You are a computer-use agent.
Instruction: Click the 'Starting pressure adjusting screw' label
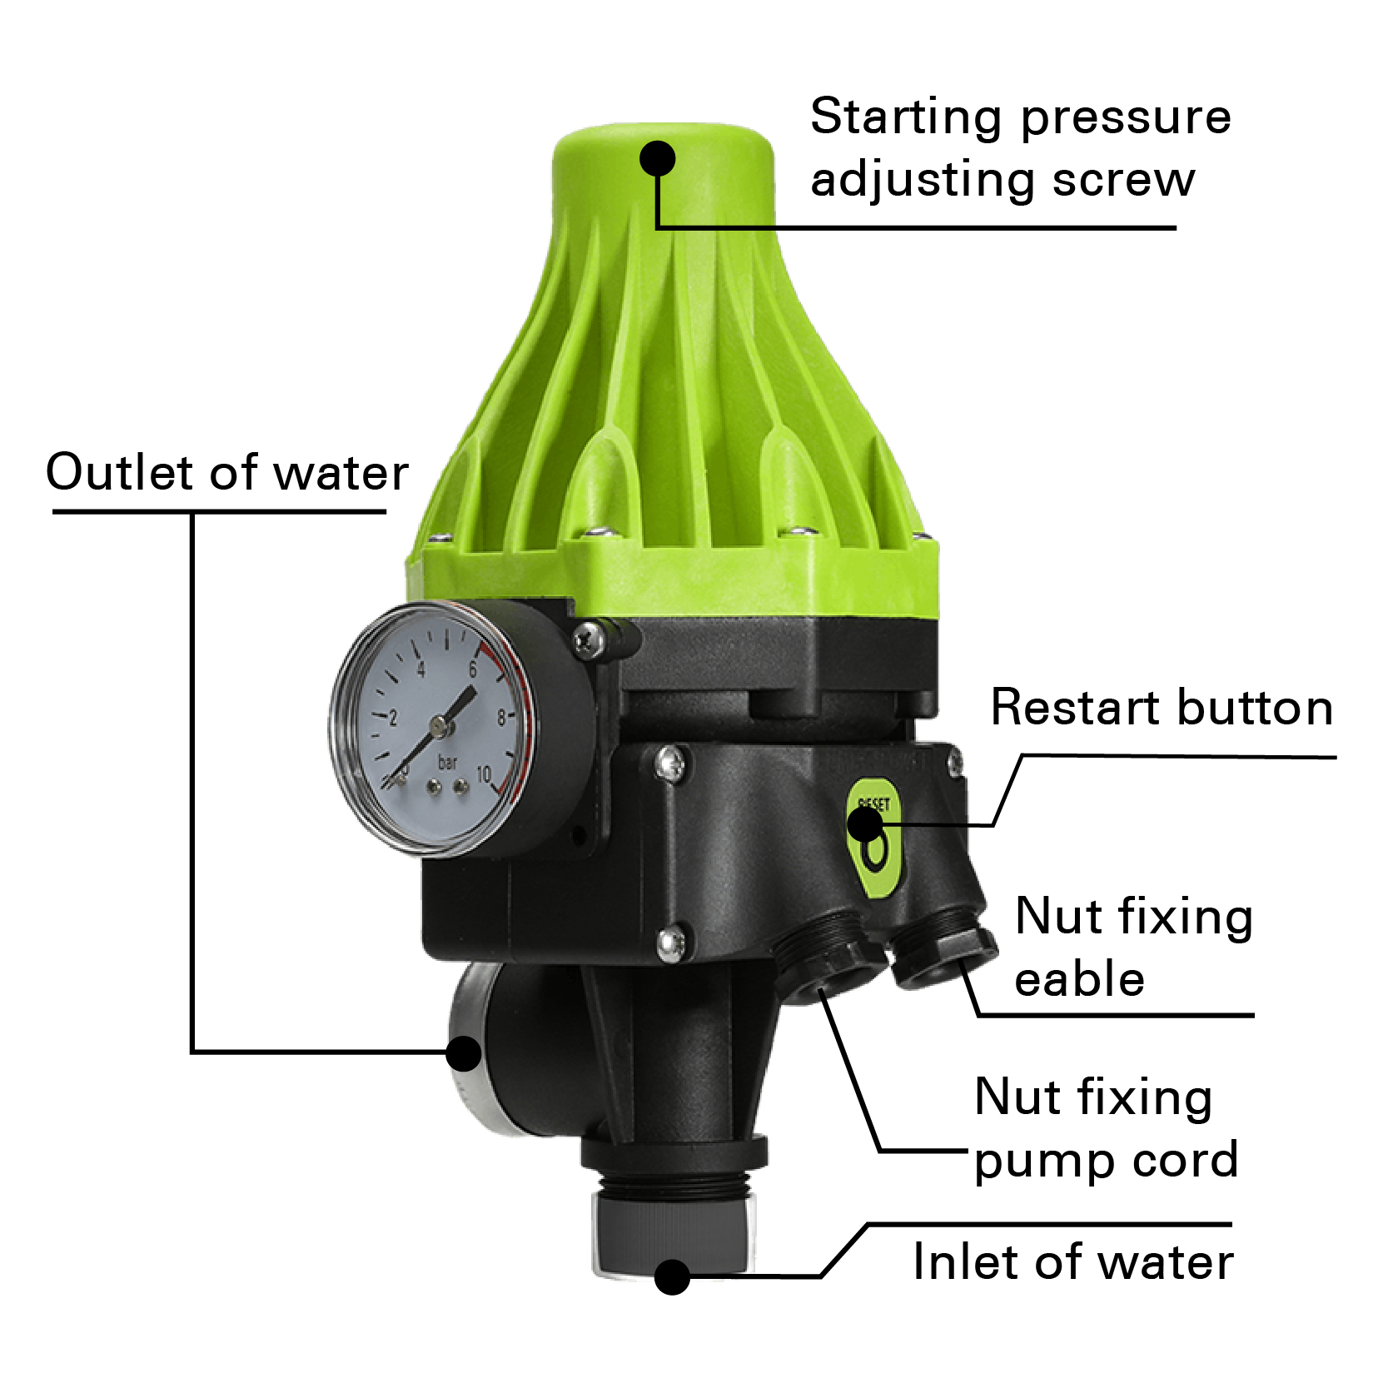[1020, 148]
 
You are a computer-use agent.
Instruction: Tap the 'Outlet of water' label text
[226, 472]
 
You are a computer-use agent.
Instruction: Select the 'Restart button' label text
[1162, 708]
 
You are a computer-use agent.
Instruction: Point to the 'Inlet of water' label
[1073, 1261]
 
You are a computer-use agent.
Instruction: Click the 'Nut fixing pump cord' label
[1107, 1128]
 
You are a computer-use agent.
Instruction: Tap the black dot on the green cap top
[658, 158]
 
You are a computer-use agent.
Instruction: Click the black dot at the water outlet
[464, 1053]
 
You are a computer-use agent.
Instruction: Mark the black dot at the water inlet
[672, 1276]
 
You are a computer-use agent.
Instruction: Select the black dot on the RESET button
[865, 824]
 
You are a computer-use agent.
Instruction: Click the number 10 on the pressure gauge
[484, 775]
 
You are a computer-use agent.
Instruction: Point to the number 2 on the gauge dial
[393, 718]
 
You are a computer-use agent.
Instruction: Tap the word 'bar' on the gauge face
[448, 761]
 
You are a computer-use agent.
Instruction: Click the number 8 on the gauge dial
[502, 717]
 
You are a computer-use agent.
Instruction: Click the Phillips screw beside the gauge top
[590, 639]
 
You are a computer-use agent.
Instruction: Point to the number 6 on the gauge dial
[473, 670]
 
